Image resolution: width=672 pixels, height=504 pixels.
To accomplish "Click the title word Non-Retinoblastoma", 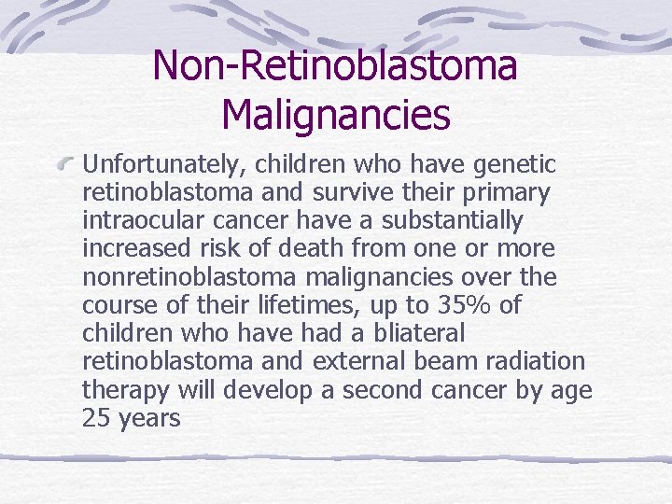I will pyautogui.click(x=335, y=65).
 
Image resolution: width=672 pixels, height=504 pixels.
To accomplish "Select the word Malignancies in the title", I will pyautogui.click(x=336, y=115).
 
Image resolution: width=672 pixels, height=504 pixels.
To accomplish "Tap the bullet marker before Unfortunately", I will pyautogui.click(x=68, y=165).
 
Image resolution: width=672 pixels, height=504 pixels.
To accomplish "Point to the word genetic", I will pyautogui.click(x=515, y=165).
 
